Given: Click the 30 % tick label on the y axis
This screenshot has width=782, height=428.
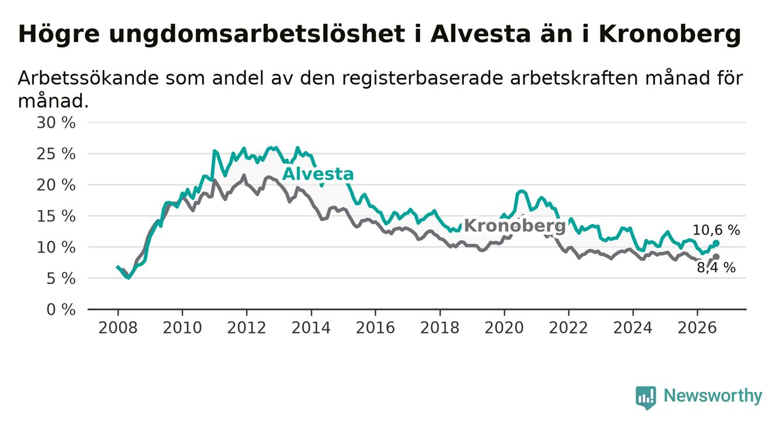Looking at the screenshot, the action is click(56, 123).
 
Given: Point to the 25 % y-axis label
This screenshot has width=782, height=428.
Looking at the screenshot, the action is click(56, 154).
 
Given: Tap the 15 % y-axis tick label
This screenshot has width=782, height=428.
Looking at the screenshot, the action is click(56, 216).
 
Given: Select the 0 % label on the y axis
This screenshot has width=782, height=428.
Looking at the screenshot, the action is click(61, 310).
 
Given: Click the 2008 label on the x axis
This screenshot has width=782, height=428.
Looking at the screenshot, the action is click(118, 328).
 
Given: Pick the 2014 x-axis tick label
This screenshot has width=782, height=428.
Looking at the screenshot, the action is click(311, 328).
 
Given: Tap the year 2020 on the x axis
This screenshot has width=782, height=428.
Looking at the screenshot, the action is click(504, 328).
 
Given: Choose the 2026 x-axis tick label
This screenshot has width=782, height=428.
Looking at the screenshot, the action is click(697, 328).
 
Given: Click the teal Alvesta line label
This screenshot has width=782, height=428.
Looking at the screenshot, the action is click(318, 174).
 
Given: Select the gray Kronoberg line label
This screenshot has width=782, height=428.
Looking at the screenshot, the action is click(515, 226).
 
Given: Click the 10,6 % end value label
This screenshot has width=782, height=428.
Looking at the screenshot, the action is click(716, 230).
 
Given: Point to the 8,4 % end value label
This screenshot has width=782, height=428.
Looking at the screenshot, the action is click(717, 268).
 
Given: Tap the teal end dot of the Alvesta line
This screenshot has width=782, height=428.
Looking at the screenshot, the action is click(716, 243).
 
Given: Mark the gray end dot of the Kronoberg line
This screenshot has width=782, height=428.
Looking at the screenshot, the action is click(716, 257).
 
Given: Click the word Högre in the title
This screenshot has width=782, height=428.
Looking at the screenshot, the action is click(59, 35).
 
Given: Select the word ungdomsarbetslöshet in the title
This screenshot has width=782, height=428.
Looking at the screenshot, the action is click(257, 35).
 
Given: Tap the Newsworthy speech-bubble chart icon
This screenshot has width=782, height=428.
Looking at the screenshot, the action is click(646, 398).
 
